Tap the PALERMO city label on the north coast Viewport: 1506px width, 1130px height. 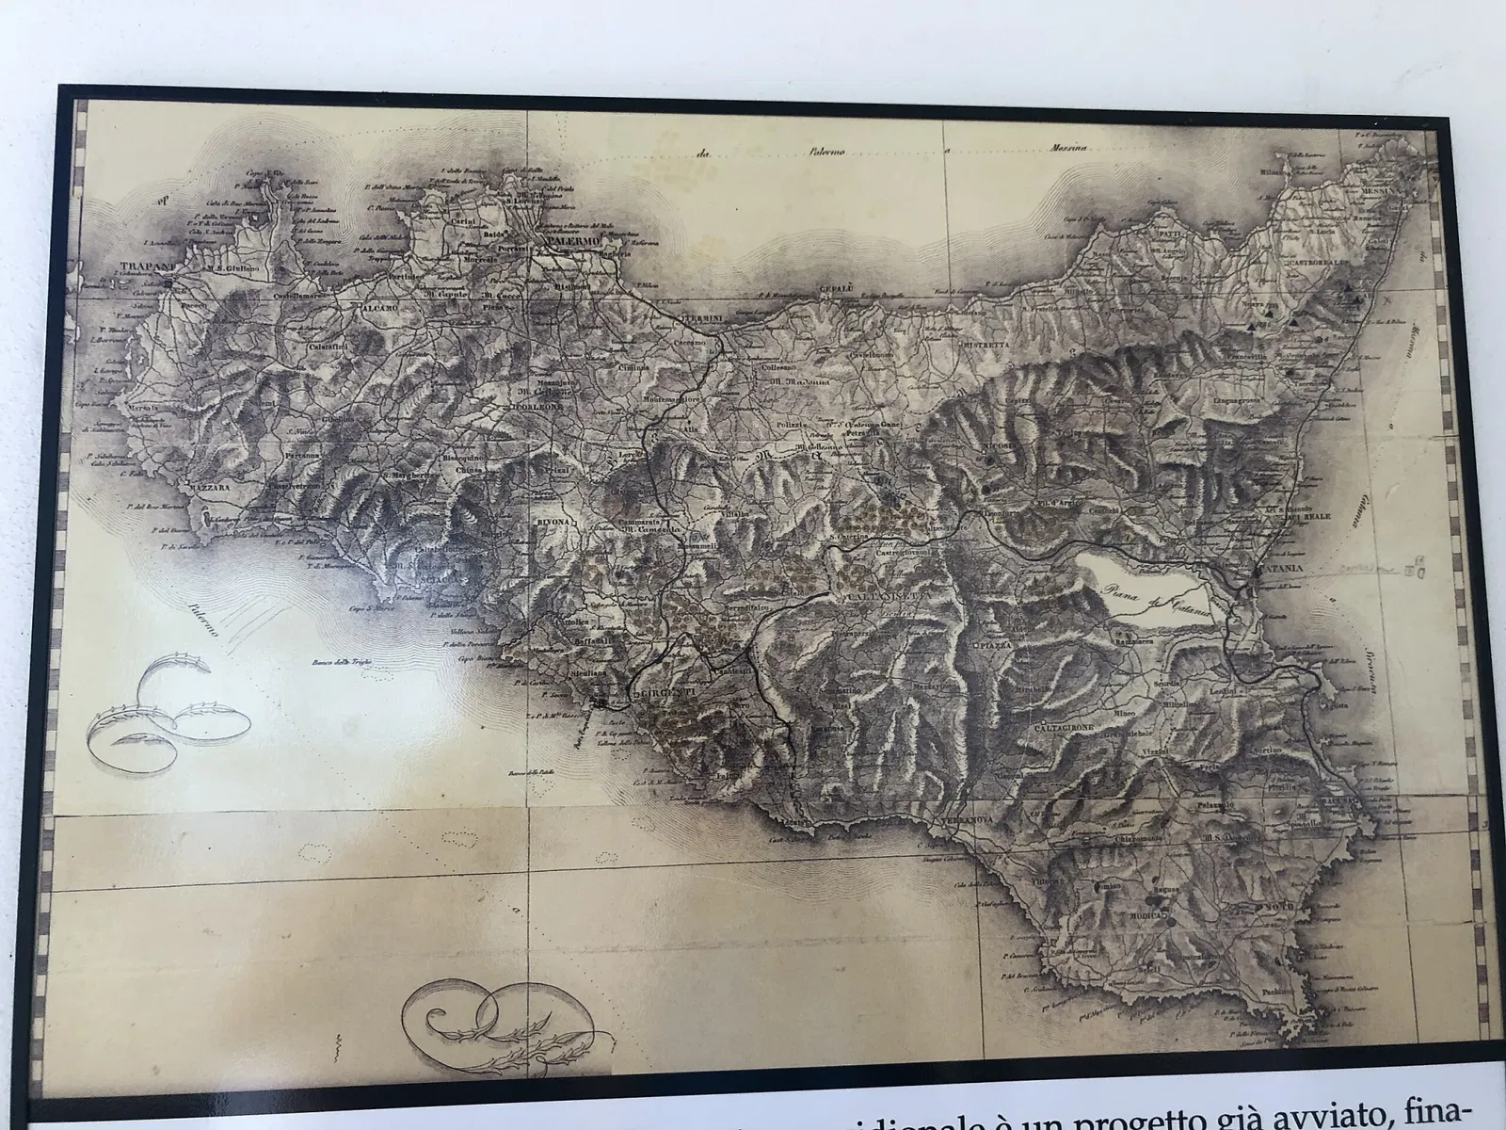click(x=569, y=242)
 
